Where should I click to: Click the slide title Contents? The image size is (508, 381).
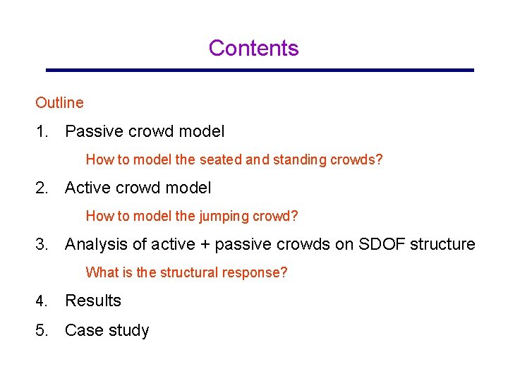(253, 48)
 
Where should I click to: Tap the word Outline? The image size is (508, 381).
(59, 103)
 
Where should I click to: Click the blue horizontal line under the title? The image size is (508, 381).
(260, 70)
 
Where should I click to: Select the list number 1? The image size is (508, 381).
(41, 131)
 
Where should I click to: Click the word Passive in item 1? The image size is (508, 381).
(92, 131)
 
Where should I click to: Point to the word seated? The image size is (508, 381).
(220, 160)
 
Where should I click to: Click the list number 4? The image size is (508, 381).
(41, 301)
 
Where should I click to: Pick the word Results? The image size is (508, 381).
(93, 301)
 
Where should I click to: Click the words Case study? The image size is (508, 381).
(107, 331)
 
